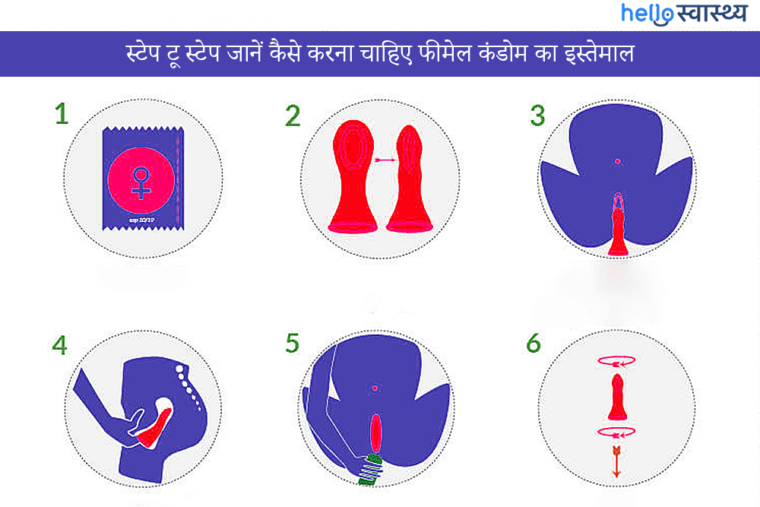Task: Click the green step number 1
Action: (62, 113)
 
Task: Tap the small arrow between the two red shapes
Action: (383, 160)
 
